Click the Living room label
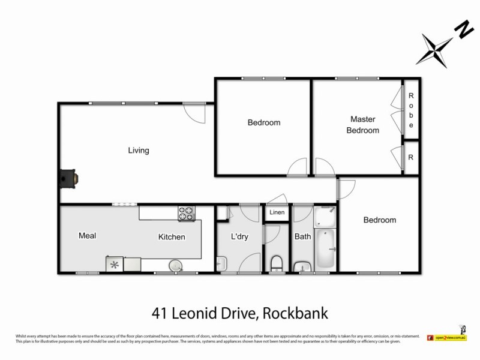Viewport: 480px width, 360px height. pyautogui.click(x=138, y=151)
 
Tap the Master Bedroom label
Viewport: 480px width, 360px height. pyautogui.click(x=365, y=125)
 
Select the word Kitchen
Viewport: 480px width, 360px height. pyautogui.click(x=172, y=237)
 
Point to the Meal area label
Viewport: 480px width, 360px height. pyautogui.click(x=88, y=236)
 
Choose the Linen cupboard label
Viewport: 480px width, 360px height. pyautogui.click(x=277, y=212)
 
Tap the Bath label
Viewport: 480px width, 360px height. pyautogui.click(x=302, y=236)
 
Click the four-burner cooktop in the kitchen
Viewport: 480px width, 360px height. pyautogui.click(x=187, y=212)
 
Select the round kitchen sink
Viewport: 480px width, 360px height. pyautogui.click(x=175, y=265)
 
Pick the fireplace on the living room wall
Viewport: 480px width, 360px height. pyautogui.click(x=68, y=178)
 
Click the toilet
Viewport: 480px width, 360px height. pyautogui.click(x=277, y=263)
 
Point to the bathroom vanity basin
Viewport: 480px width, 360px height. pyautogui.click(x=301, y=266)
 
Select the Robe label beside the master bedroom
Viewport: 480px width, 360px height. pyautogui.click(x=411, y=110)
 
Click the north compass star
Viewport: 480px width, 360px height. pyautogui.click(x=436, y=48)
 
